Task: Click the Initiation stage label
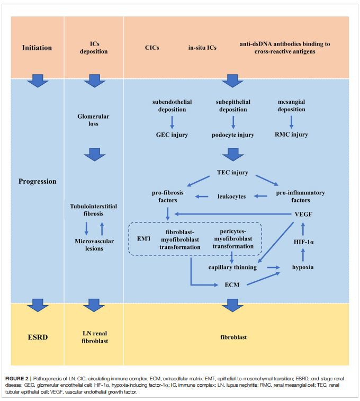37,48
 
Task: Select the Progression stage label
37,181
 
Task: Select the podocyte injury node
233,135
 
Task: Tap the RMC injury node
292,135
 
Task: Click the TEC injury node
233,173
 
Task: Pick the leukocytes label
231,197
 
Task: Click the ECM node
231,285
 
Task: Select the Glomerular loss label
93,120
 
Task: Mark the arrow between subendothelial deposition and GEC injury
172,122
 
